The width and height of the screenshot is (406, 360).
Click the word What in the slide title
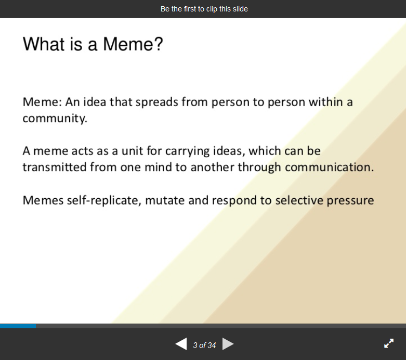tap(44, 44)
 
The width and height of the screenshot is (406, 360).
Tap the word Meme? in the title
tap(133, 44)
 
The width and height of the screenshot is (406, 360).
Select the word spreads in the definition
tap(157, 102)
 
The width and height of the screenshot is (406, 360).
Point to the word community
tap(55, 119)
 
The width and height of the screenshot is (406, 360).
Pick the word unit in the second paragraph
tap(132, 151)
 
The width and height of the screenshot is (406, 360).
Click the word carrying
tap(188, 151)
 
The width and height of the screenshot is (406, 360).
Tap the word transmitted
tap(55, 167)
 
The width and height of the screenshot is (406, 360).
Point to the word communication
tap(330, 167)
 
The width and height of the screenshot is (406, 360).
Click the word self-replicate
tap(104, 201)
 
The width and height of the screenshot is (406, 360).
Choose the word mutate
tap(165, 201)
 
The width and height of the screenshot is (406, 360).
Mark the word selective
tap(299, 200)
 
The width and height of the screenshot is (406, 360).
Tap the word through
tap(259, 168)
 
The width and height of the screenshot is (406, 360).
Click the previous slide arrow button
tap(181, 344)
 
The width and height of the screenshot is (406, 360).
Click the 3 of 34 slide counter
tap(204, 345)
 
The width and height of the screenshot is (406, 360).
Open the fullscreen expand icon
tap(389, 343)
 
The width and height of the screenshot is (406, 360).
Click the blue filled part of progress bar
tap(18, 326)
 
